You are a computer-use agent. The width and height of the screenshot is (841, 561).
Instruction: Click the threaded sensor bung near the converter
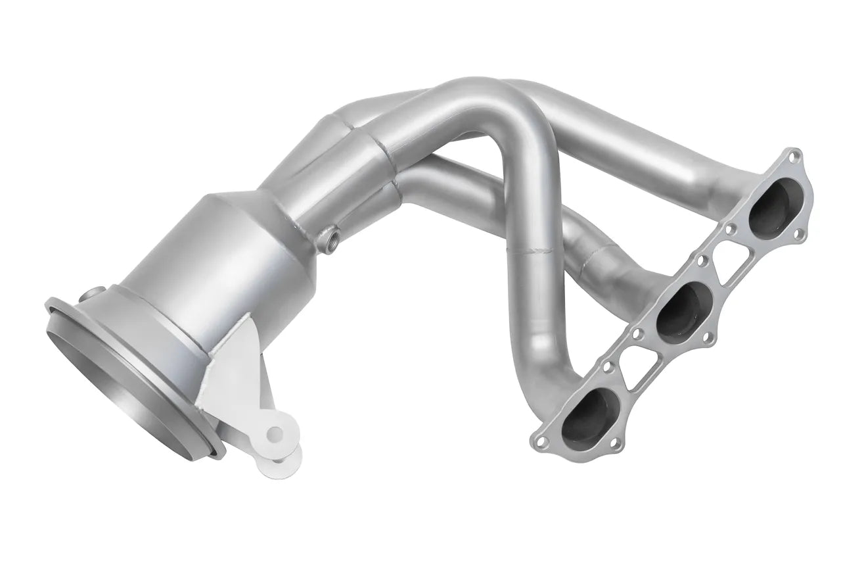(329, 234)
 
